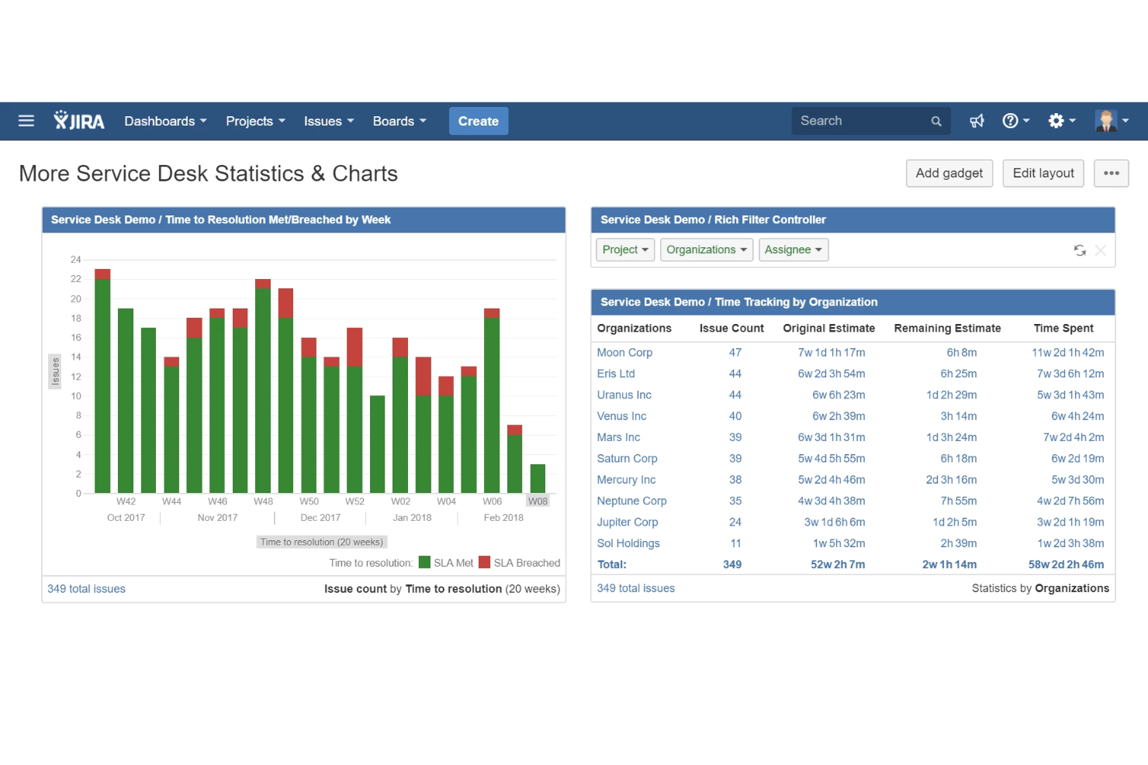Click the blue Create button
point(478,121)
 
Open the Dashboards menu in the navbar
point(165,121)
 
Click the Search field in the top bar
point(861,121)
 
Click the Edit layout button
point(1043,173)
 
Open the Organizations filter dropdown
point(706,250)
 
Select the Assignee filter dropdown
point(793,250)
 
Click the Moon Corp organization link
point(624,353)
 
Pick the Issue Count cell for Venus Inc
point(735,416)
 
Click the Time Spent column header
point(1063,329)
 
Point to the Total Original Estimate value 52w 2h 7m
point(837,565)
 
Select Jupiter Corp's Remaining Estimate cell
point(954,522)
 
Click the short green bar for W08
point(538,478)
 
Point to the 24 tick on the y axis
point(76,260)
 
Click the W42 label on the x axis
point(126,501)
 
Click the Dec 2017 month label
point(320,518)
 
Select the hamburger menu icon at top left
point(26,121)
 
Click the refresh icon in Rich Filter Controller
point(1079,250)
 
